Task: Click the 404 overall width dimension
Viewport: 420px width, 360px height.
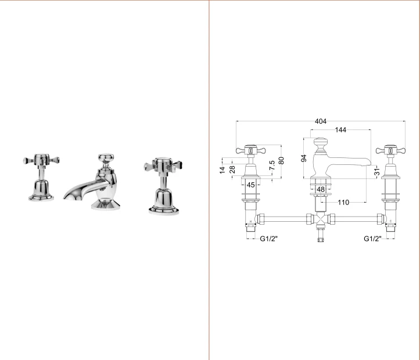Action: click(x=320, y=121)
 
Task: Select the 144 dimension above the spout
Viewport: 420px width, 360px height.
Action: click(x=340, y=130)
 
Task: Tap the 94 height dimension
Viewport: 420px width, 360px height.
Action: click(x=304, y=158)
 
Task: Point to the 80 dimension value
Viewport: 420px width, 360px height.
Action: click(x=281, y=161)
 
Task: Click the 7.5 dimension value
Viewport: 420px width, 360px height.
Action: click(x=272, y=165)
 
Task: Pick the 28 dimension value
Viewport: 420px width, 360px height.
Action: click(x=232, y=170)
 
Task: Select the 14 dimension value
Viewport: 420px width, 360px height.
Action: click(x=222, y=170)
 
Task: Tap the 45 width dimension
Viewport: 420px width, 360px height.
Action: click(x=251, y=185)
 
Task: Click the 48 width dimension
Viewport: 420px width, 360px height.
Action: click(x=321, y=189)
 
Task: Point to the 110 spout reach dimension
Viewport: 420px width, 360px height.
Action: click(x=343, y=202)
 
